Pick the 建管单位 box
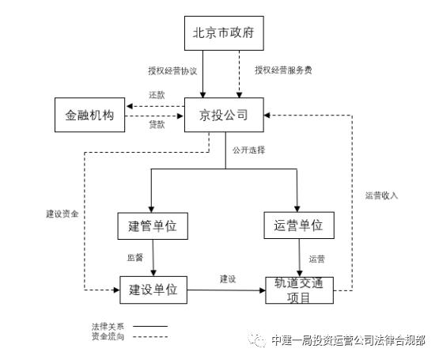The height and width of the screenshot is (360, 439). coord(152,226)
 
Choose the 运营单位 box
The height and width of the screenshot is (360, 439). coord(298,225)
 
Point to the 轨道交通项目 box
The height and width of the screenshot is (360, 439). coord(298,290)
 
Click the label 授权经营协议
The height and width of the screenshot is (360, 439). coord(172,70)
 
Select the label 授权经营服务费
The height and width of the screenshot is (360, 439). coord(282,70)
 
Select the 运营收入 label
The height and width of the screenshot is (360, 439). coord(382,195)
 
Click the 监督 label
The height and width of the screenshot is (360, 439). coord(134,258)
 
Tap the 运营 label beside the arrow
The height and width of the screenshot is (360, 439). coord(316,258)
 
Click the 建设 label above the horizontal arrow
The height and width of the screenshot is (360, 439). coord(228,279)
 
